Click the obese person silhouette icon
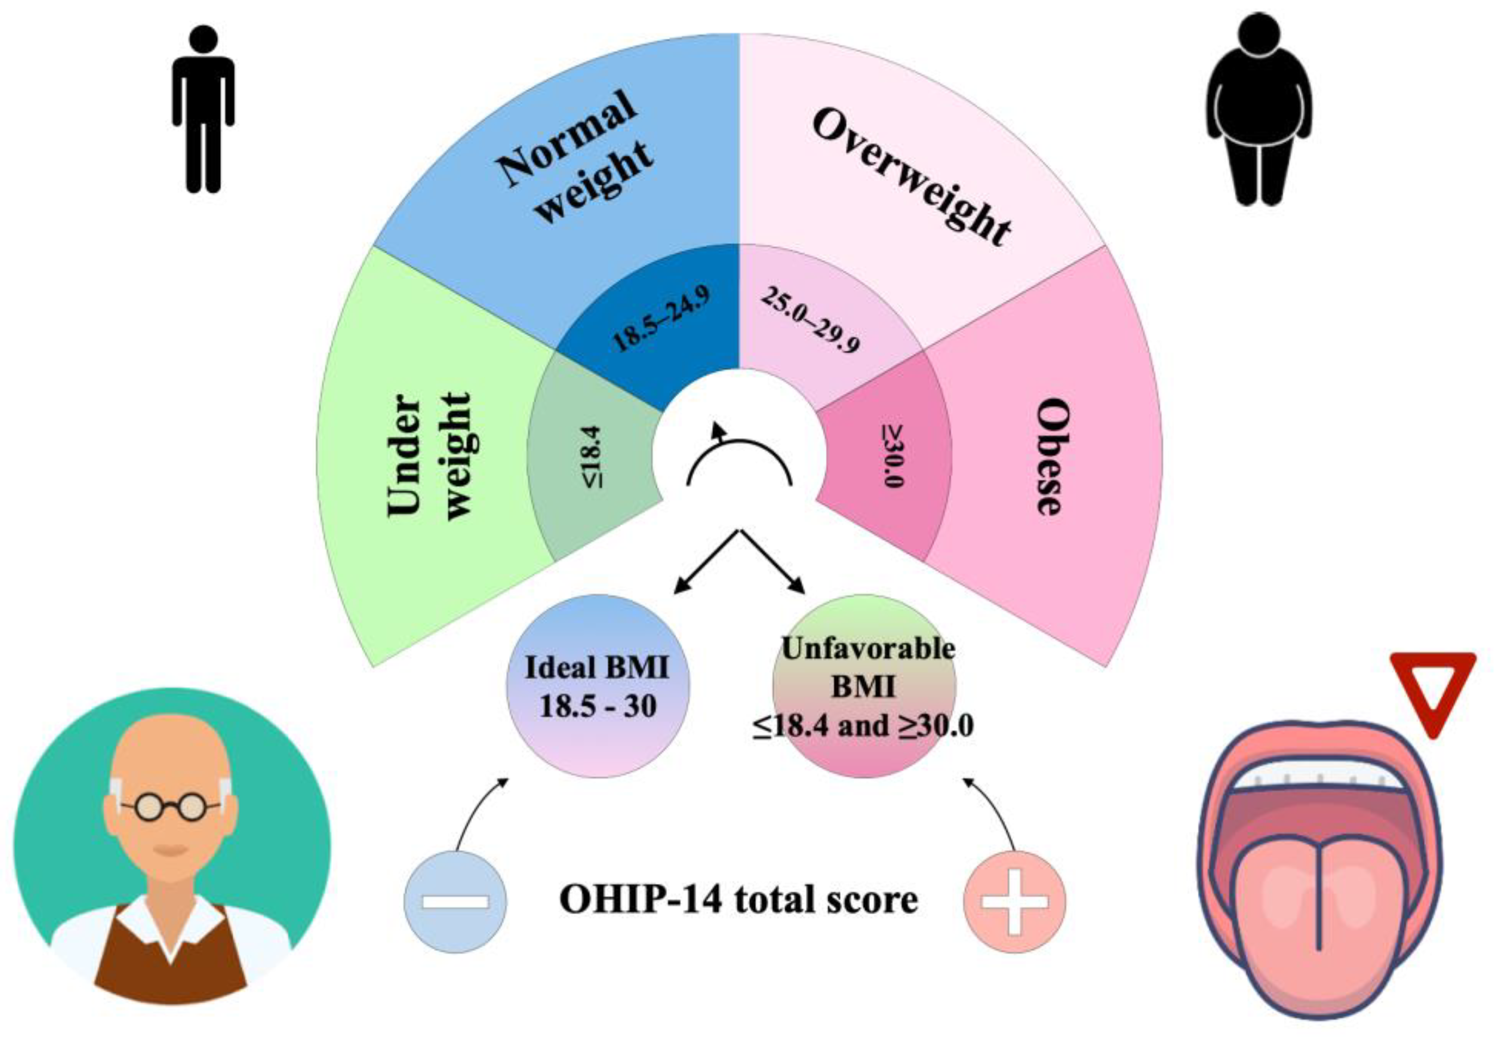pyautogui.click(x=1258, y=111)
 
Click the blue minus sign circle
pyautogui.click(x=455, y=902)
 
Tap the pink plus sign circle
pyautogui.click(x=1014, y=902)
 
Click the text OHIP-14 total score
pyautogui.click(x=739, y=900)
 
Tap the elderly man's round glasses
pyautogui.click(x=171, y=807)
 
